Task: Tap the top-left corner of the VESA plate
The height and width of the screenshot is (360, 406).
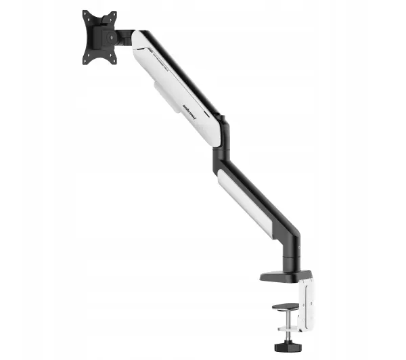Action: coord(85,12)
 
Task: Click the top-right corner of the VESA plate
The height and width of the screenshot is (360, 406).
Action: coord(113,13)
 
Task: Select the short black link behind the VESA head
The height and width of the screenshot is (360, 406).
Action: coord(124,35)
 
